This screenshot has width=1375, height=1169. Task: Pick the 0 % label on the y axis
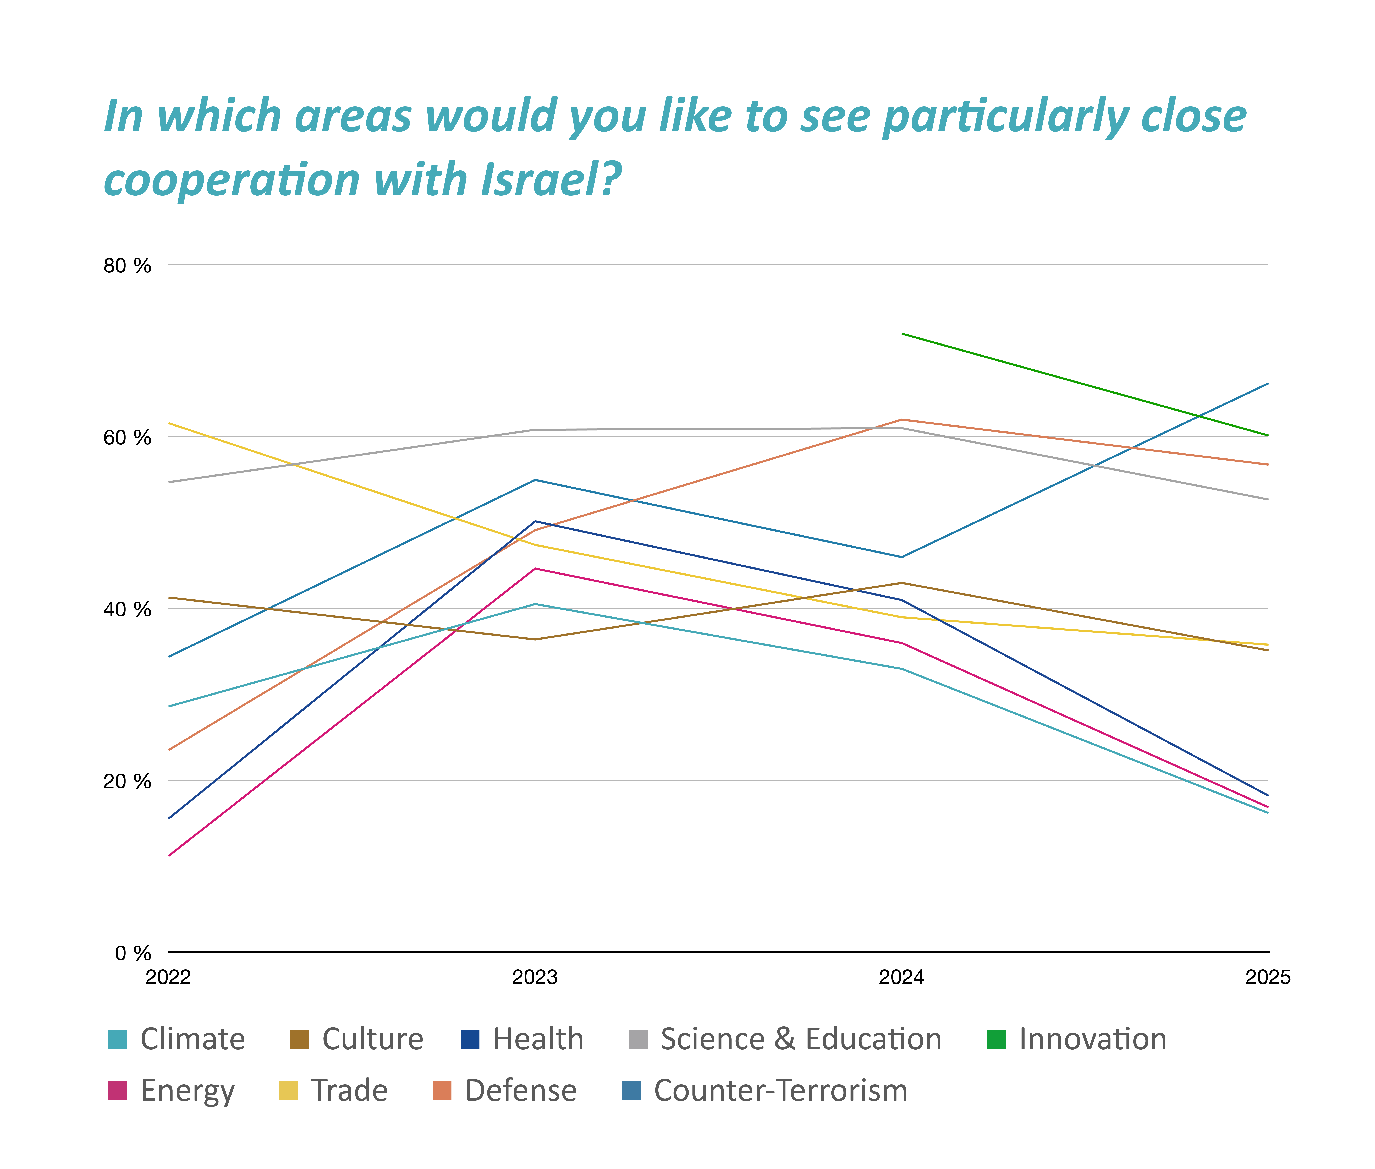133,953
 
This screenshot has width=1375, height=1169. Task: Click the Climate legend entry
192,1039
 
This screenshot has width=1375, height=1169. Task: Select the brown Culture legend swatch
300,1039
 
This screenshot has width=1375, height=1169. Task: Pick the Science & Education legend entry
800,1039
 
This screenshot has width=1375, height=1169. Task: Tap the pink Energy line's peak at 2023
535,569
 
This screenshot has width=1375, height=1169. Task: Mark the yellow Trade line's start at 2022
170,423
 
